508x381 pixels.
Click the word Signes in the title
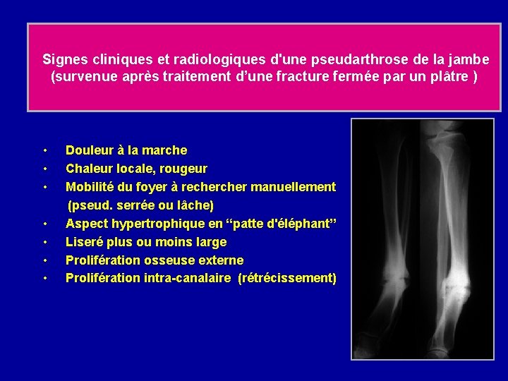coord(63,59)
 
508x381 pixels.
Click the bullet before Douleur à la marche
coord(44,150)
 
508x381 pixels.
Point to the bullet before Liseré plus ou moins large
coord(44,242)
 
